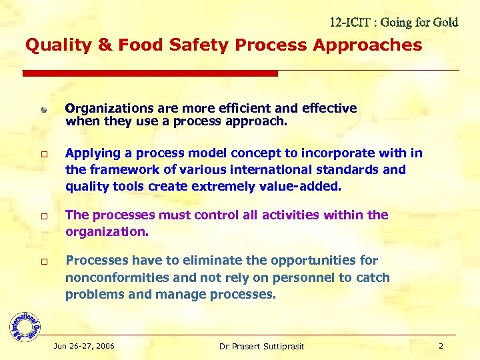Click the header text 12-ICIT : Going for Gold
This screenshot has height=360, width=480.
click(394, 23)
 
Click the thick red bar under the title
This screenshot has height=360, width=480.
click(150, 73)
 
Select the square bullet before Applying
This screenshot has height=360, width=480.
click(43, 154)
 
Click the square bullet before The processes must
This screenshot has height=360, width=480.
click(43, 217)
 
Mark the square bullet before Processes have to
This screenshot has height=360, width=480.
click(43, 262)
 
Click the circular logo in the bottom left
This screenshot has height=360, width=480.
click(25, 325)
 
